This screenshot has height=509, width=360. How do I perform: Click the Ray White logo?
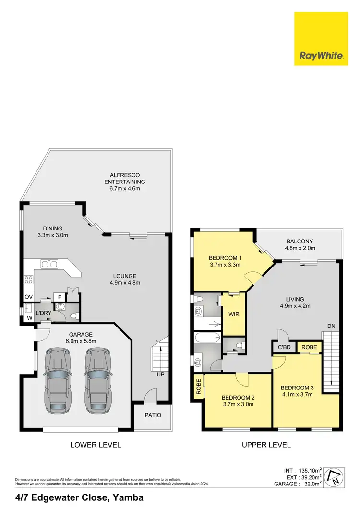(x=321, y=39)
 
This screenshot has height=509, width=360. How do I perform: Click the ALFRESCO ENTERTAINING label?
(x=124, y=178)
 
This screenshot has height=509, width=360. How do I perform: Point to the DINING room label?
(x=52, y=228)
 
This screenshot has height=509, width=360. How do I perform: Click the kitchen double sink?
(x=49, y=264)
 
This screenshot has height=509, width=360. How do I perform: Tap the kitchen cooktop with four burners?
(x=28, y=279)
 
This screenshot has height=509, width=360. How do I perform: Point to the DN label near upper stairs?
(x=331, y=326)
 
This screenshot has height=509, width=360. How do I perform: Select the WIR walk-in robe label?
(x=233, y=315)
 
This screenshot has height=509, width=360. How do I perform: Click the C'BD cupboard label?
(x=283, y=347)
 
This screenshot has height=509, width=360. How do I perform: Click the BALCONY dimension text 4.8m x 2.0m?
(x=300, y=249)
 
